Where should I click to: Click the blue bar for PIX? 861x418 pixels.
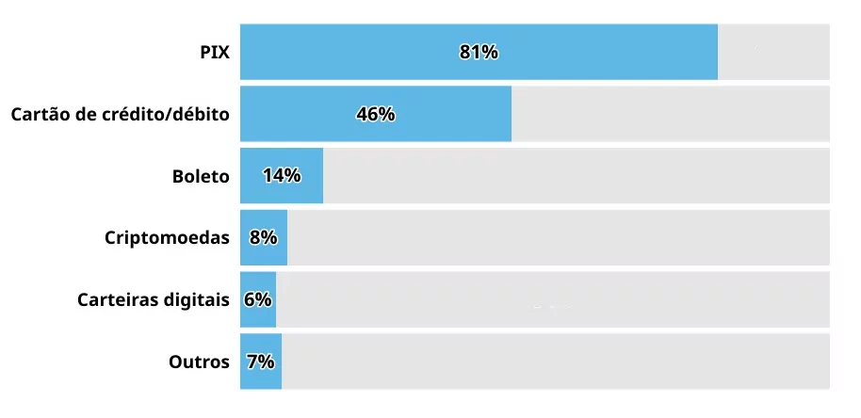[479, 52]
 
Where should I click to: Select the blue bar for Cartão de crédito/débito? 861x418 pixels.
[376, 114]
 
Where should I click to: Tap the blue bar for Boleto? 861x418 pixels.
[282, 175]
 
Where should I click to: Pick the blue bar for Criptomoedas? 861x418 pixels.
[264, 237]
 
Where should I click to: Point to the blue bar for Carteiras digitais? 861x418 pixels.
[258, 299]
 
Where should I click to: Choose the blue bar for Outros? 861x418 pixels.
[261, 362]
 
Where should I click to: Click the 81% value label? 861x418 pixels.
[479, 52]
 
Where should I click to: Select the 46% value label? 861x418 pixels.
[376, 114]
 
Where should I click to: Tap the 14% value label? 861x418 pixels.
[282, 175]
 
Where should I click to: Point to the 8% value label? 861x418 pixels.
[264, 238]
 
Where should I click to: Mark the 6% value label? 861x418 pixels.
[258, 300]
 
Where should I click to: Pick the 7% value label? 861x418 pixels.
[261, 362]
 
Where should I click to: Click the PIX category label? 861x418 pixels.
[215, 53]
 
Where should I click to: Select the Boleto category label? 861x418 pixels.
[201, 176]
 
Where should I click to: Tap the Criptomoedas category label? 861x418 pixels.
[167, 238]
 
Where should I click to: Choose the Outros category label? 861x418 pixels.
[199, 362]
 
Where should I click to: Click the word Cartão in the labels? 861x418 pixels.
[39, 114]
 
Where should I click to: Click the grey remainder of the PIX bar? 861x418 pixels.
[773, 52]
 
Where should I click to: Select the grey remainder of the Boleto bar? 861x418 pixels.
[576, 175]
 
